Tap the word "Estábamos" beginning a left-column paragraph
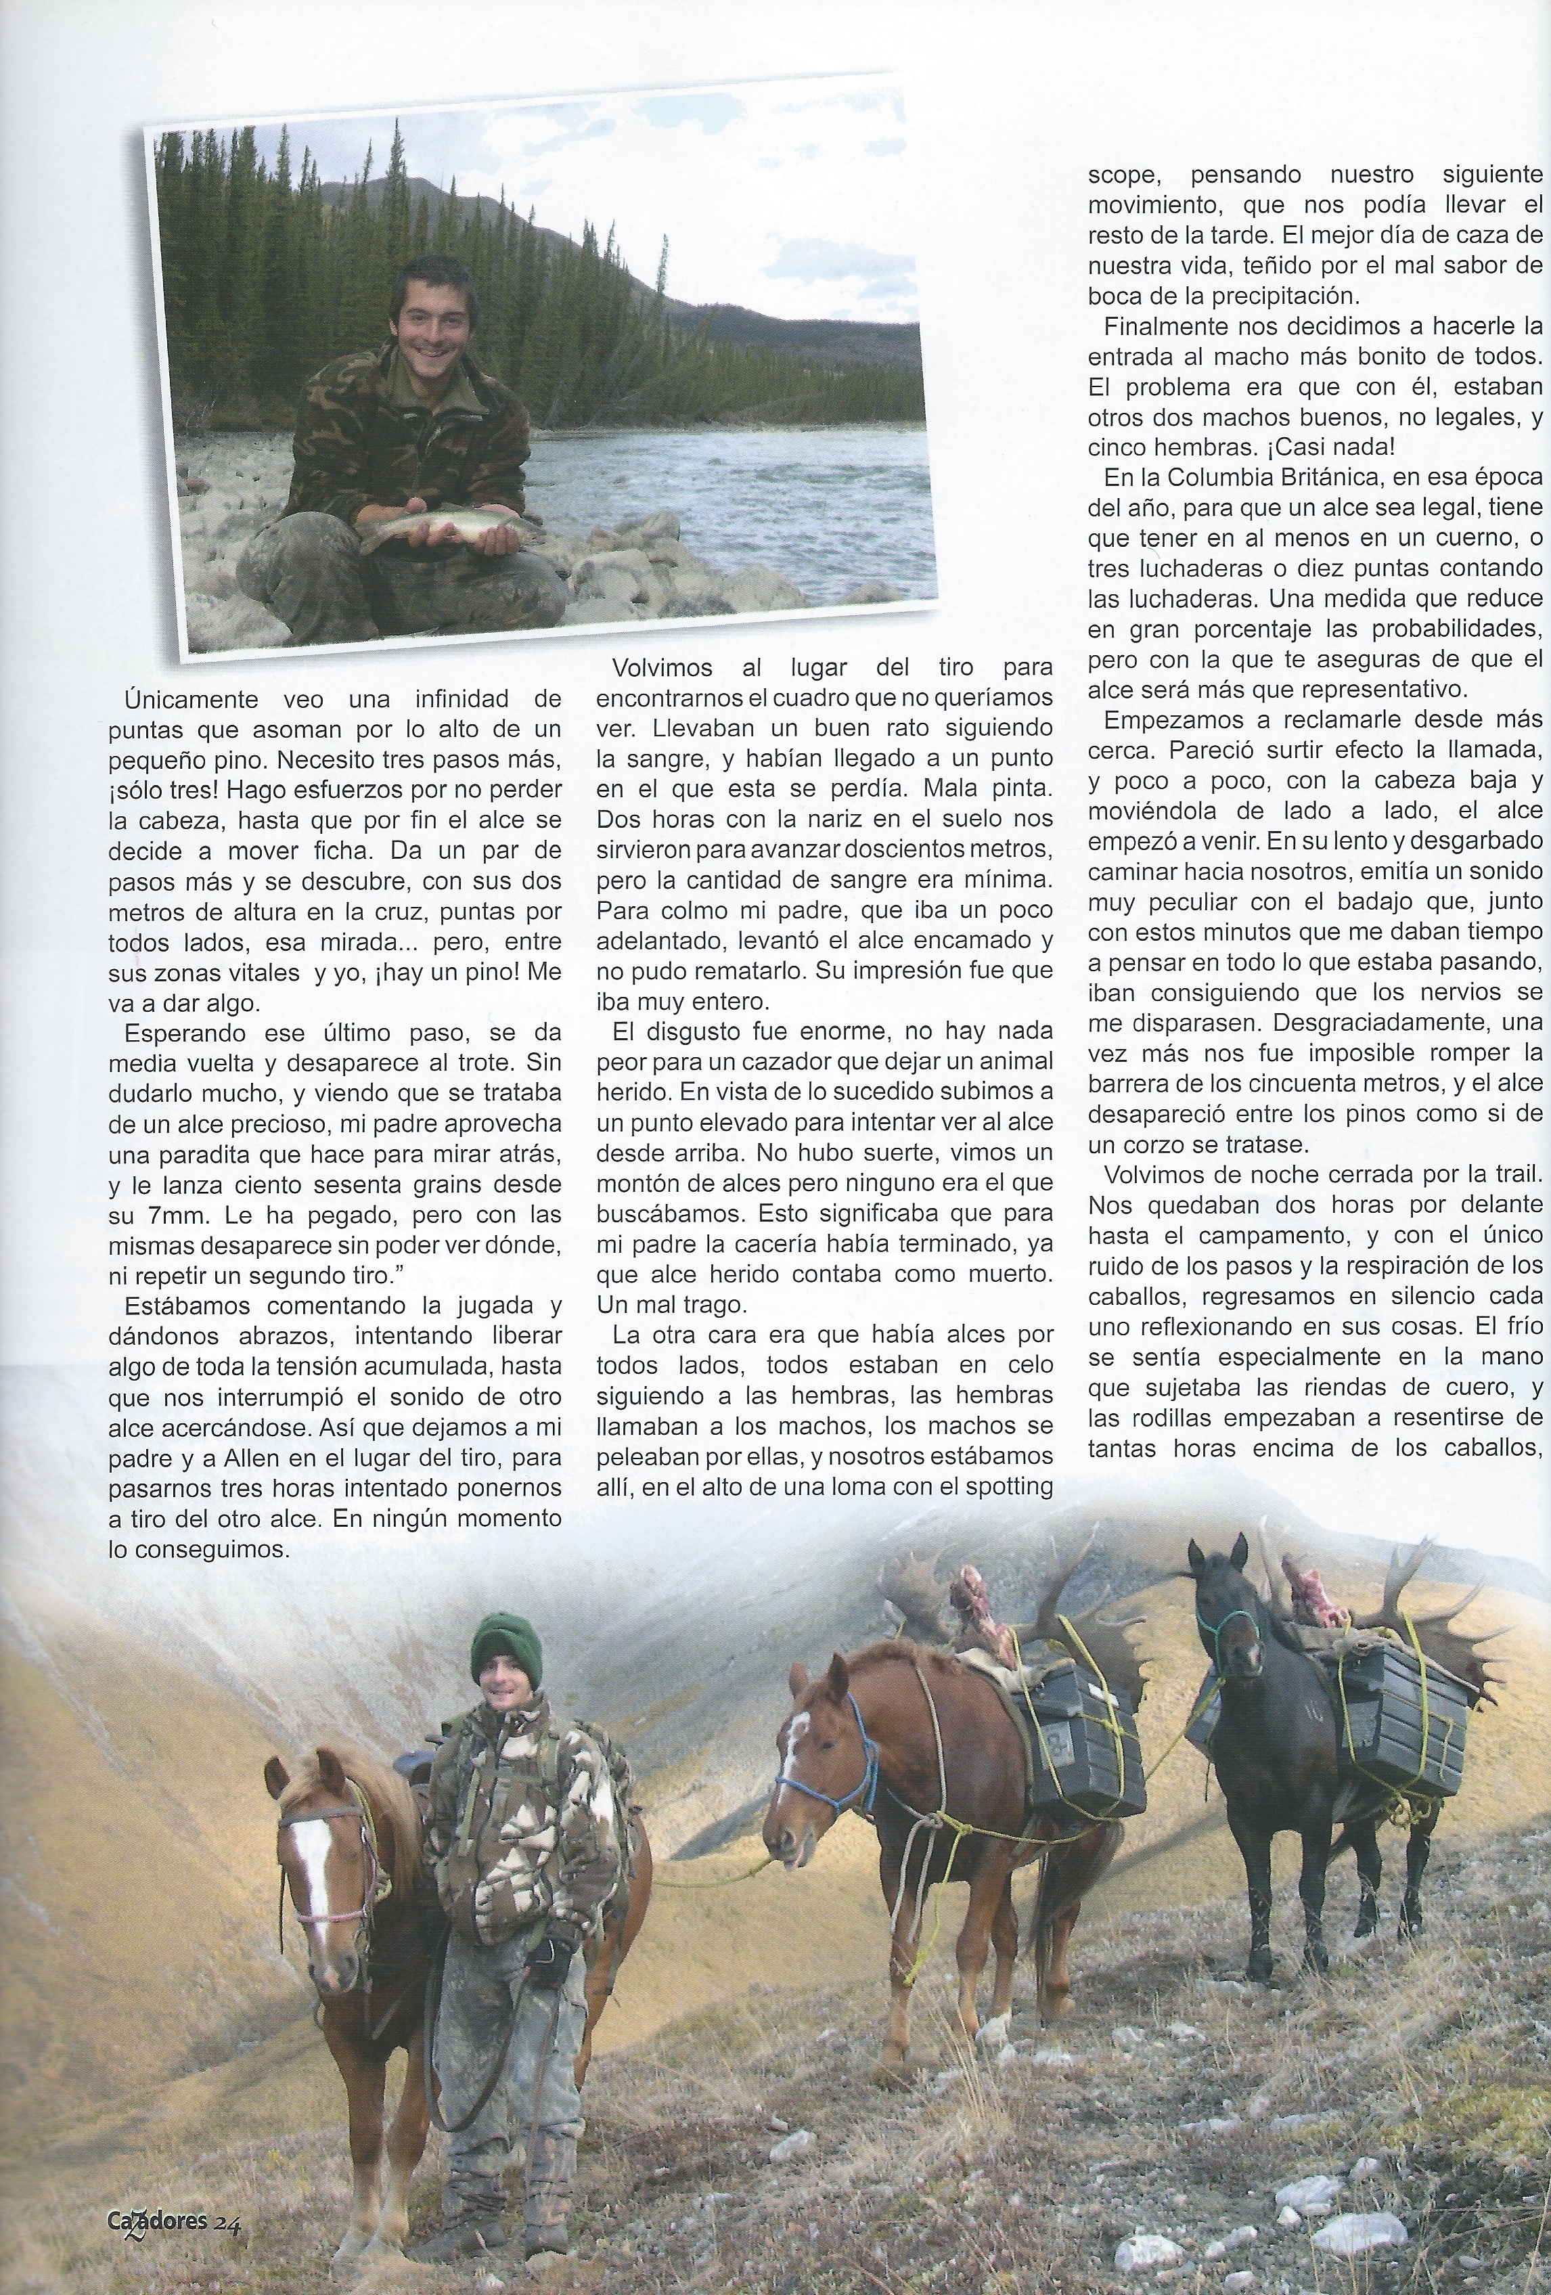(183, 1306)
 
